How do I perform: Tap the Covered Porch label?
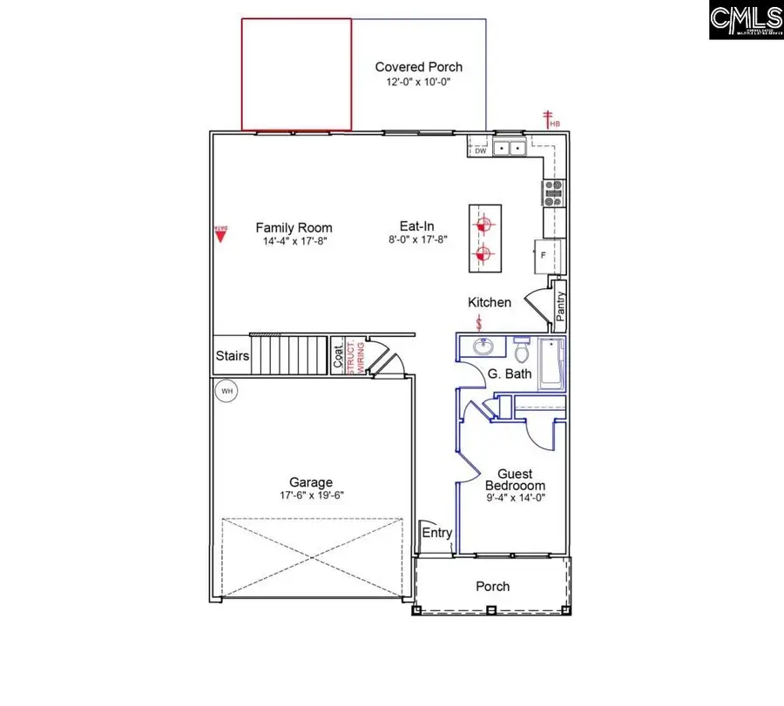[418, 67]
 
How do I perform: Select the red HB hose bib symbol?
[551, 120]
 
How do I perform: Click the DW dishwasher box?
[480, 151]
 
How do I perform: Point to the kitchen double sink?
[509, 149]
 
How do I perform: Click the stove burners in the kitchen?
[554, 192]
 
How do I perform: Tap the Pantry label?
[561, 305]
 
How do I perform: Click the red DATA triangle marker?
[220, 233]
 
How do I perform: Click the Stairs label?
[233, 356]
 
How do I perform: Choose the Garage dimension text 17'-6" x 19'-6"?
[311, 496]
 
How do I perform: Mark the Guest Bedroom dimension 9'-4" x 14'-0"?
[514, 499]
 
